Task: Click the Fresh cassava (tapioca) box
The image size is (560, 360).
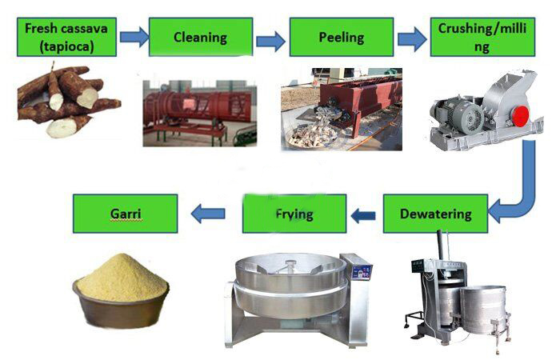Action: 66,37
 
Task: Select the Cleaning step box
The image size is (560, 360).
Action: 201,37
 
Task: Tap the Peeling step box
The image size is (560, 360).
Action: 342,37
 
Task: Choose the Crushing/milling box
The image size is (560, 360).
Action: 482,37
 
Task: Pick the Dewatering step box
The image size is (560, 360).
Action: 435,214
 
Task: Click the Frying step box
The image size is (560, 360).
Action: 294,214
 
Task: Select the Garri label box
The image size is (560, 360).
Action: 126,214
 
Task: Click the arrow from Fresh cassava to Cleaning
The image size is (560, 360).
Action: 134,37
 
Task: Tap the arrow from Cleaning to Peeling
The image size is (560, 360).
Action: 271,40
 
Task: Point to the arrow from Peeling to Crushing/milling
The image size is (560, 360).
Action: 412,38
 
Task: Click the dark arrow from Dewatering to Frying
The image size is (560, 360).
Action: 363,215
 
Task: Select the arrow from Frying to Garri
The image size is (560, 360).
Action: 208,214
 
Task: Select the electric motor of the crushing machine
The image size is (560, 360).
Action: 457,114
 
